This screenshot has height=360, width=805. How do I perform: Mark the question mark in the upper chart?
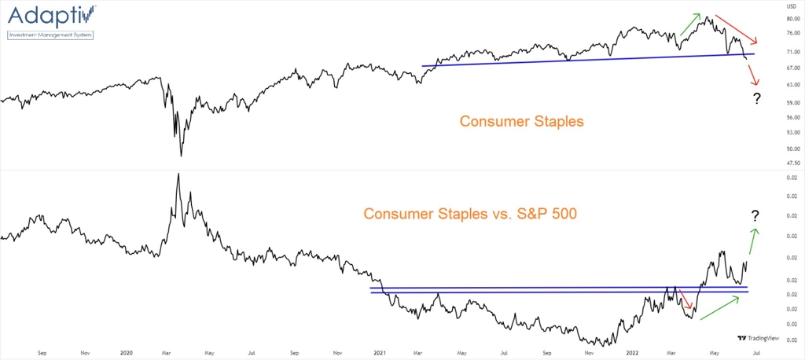tap(756, 98)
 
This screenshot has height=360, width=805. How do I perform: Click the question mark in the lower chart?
tap(755, 215)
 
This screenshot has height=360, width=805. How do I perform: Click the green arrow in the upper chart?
tap(690, 24)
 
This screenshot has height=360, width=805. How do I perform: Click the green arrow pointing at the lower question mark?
tap(752, 241)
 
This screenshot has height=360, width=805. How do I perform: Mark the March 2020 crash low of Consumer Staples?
tap(181, 155)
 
